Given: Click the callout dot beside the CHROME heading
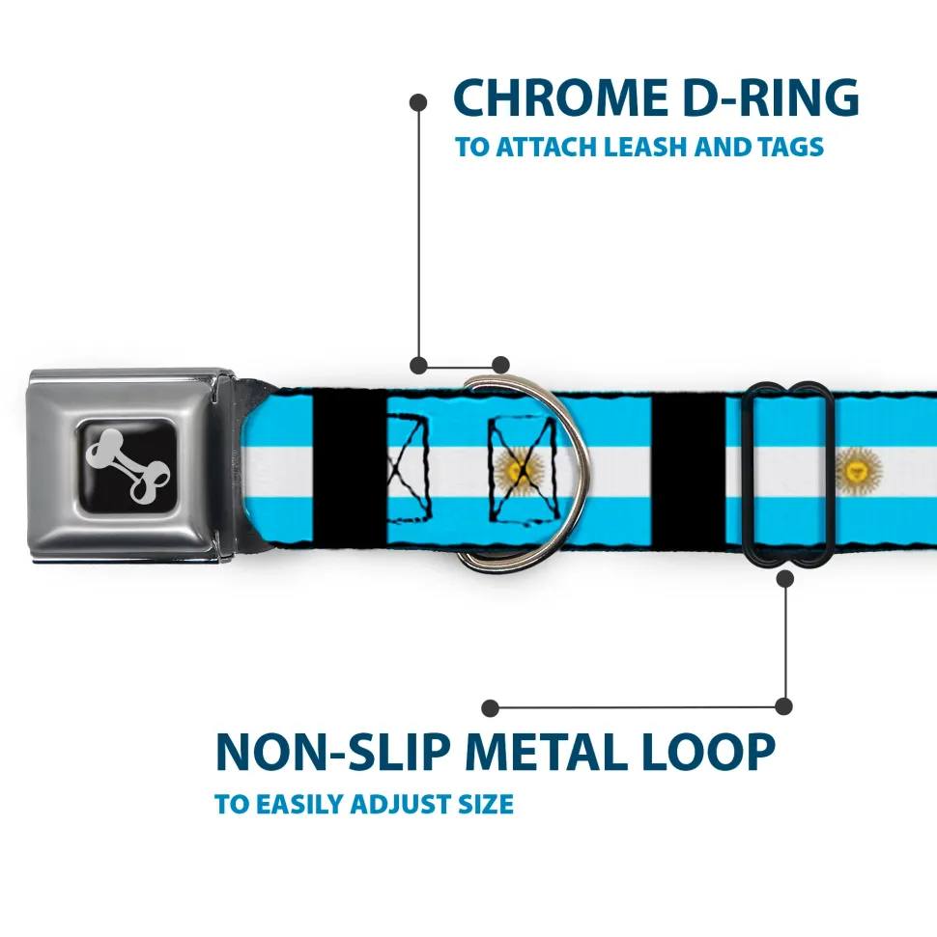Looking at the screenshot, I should (418, 100).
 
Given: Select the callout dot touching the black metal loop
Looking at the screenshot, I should (784, 578).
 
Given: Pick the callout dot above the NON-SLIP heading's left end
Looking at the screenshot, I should (491, 707).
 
